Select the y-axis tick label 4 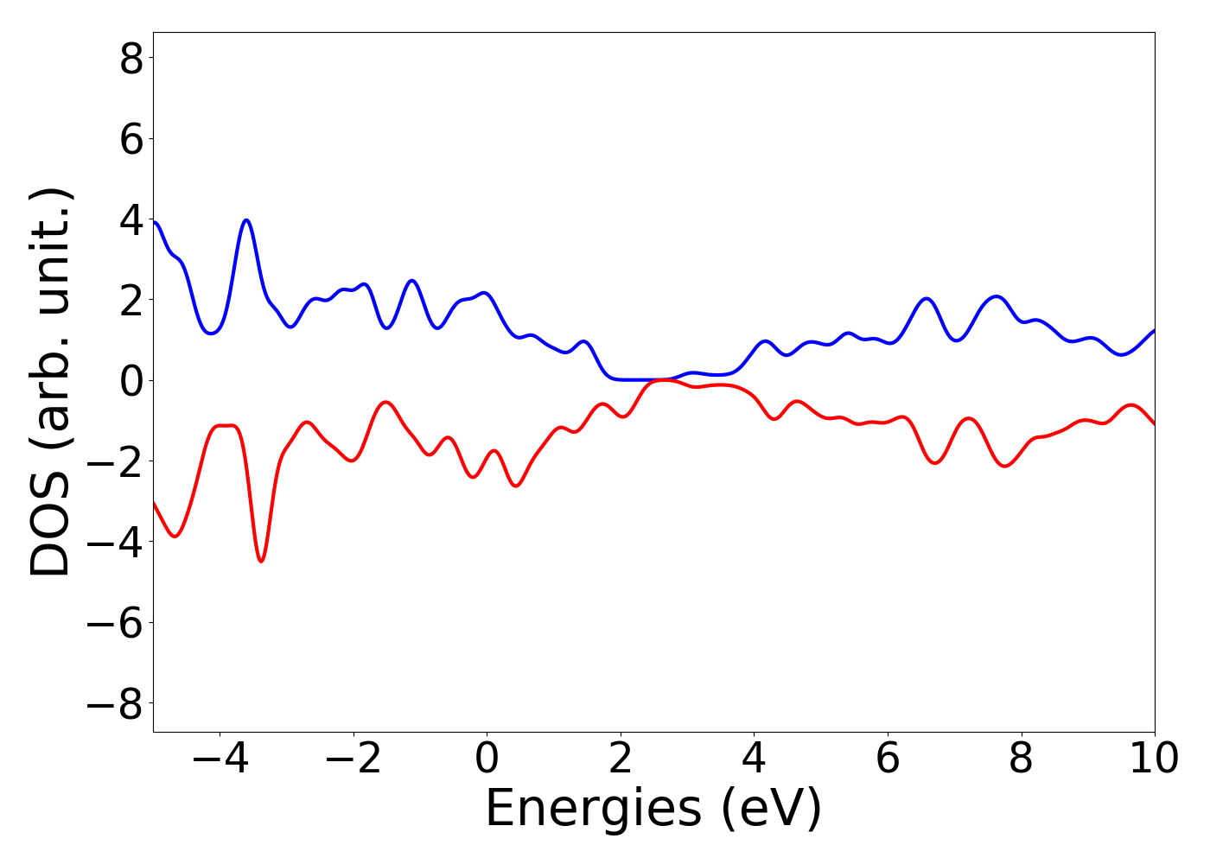click(131, 219)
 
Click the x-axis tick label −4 click(220, 759)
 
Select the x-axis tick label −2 click(353, 759)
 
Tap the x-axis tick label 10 click(1154, 759)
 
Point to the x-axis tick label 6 click(888, 759)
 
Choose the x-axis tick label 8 click(1022, 759)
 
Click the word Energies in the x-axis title click(593, 810)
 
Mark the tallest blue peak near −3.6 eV click(247, 220)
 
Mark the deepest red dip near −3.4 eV click(261, 562)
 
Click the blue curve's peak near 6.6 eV click(927, 298)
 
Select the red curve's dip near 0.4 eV click(516, 486)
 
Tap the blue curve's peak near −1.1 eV click(412, 281)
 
